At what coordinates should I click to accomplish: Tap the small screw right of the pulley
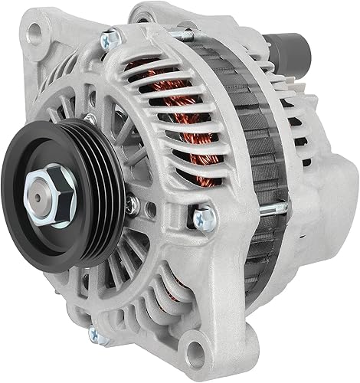click(x=133, y=202)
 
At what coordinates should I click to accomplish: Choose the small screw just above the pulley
click(x=90, y=119)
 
